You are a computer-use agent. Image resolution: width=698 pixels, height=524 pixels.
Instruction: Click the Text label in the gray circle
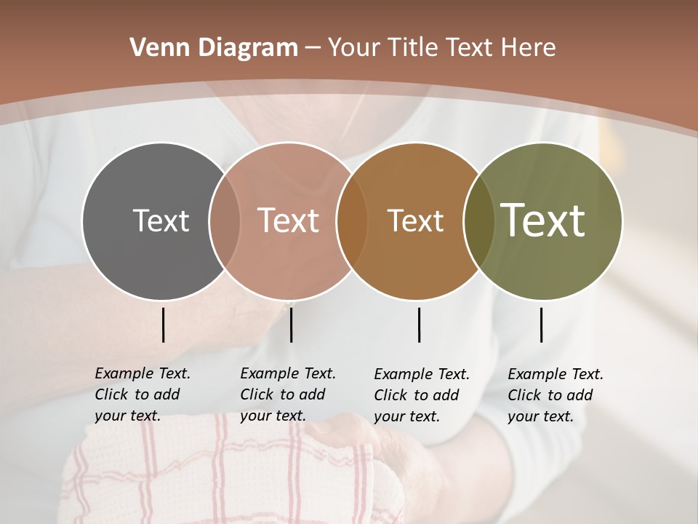(x=161, y=221)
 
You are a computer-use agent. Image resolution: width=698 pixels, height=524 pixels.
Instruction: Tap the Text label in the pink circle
(x=289, y=221)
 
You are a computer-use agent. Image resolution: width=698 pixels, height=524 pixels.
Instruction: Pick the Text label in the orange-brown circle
(x=415, y=221)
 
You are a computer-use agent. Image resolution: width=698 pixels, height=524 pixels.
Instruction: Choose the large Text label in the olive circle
(x=543, y=220)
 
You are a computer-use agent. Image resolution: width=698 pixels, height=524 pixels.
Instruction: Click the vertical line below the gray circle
(x=163, y=325)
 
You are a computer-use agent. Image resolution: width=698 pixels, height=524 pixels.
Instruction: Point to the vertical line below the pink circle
(x=291, y=325)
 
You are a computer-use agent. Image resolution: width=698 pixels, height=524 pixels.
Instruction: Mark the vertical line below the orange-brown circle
(x=419, y=325)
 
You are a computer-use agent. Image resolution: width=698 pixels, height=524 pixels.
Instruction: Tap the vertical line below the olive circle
(x=541, y=325)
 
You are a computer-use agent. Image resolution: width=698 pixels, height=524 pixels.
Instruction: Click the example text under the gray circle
(x=143, y=394)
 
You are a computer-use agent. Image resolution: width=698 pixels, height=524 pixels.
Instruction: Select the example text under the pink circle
(x=288, y=394)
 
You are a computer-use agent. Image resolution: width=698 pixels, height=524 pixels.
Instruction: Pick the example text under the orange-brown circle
(x=422, y=395)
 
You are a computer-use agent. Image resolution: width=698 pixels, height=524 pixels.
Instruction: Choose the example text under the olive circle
(x=555, y=395)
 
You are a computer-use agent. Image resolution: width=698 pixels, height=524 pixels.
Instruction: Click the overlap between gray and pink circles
(x=225, y=221)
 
